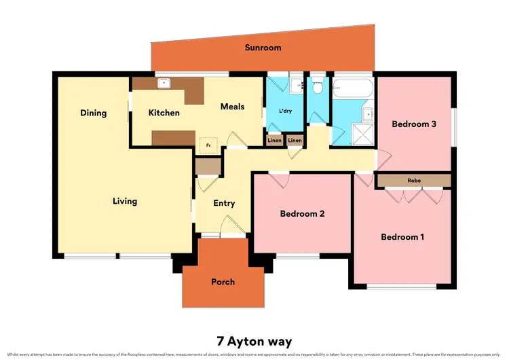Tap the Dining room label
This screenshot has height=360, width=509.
(x=93, y=113)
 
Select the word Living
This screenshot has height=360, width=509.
(x=125, y=201)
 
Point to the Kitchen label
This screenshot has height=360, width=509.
(x=164, y=113)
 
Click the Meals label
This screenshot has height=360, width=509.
(x=232, y=107)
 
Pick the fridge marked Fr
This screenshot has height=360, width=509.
(x=208, y=145)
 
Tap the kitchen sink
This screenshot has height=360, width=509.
(x=163, y=84)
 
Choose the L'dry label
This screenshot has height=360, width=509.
(x=285, y=111)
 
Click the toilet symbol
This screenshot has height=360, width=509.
(x=317, y=86)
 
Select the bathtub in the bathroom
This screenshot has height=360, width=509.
(x=353, y=88)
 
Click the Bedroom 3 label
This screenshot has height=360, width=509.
(x=414, y=124)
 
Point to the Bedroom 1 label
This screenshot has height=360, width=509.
(x=402, y=237)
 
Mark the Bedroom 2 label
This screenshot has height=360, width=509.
(x=302, y=213)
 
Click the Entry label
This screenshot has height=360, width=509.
(x=224, y=203)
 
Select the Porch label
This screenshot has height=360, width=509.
(x=223, y=282)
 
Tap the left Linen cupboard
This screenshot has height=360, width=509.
(x=274, y=141)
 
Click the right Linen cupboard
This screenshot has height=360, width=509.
(x=295, y=141)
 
